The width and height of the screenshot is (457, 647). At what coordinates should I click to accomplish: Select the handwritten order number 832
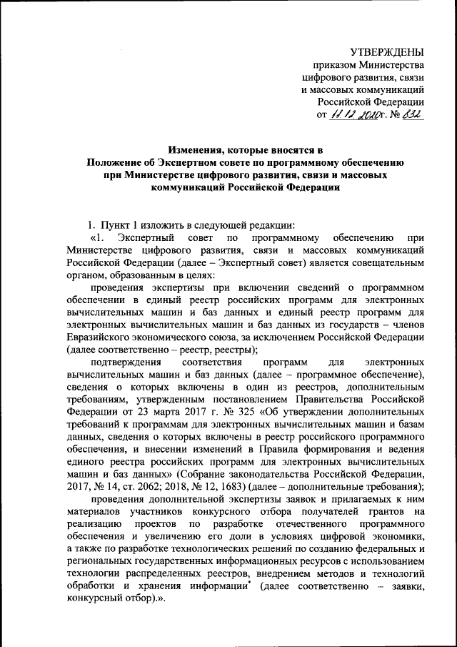pos(413,114)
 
